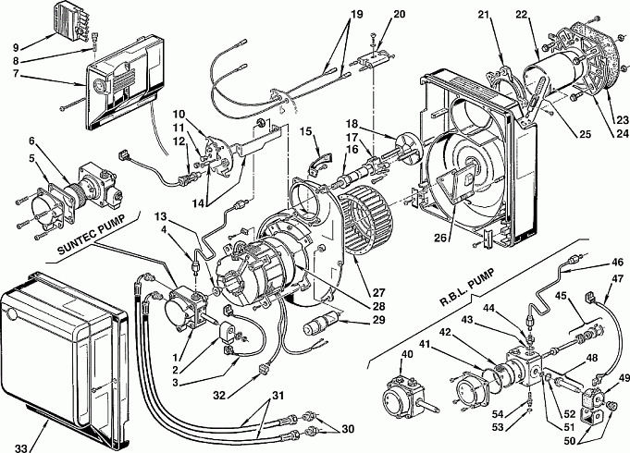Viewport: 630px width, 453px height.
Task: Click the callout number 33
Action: (x=22, y=447)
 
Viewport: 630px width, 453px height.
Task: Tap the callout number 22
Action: (x=521, y=15)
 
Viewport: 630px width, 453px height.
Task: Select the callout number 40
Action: (x=407, y=355)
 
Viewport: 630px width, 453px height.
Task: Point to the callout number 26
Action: (x=440, y=238)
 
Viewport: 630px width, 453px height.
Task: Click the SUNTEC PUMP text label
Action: (x=91, y=236)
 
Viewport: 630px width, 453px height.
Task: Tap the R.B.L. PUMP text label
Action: (x=467, y=288)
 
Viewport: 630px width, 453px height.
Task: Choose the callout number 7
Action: (x=16, y=75)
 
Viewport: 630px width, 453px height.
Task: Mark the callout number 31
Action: (x=278, y=396)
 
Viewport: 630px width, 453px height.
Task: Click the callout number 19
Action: (x=356, y=15)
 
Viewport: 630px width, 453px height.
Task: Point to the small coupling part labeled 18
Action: (x=406, y=147)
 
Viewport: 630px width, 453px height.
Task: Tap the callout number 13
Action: (x=161, y=217)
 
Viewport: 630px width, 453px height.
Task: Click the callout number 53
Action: (x=498, y=427)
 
